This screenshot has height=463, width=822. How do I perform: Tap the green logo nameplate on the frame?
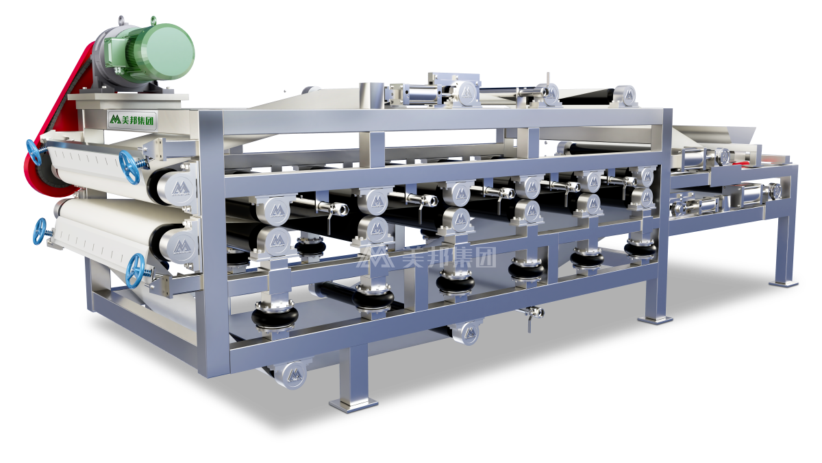(131, 120)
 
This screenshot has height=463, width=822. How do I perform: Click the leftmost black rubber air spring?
(275, 316)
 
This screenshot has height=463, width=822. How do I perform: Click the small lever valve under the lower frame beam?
(532, 313)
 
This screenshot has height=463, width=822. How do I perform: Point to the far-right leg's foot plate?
(783, 281)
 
